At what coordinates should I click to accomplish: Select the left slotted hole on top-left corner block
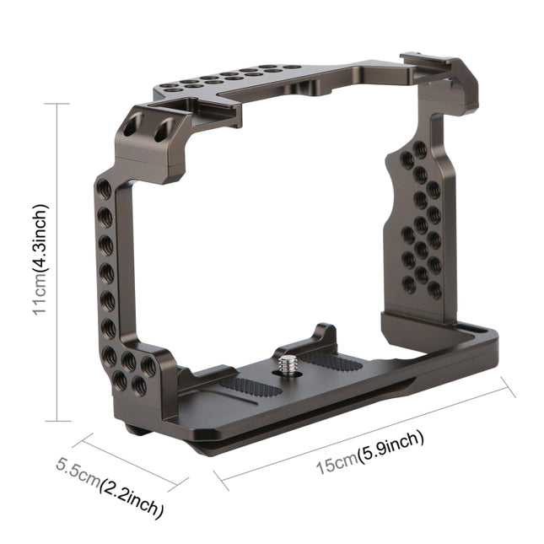130,128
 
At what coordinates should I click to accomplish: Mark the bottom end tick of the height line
57,420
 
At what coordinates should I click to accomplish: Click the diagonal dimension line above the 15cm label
363,433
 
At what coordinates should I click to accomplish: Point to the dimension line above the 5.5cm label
127,462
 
